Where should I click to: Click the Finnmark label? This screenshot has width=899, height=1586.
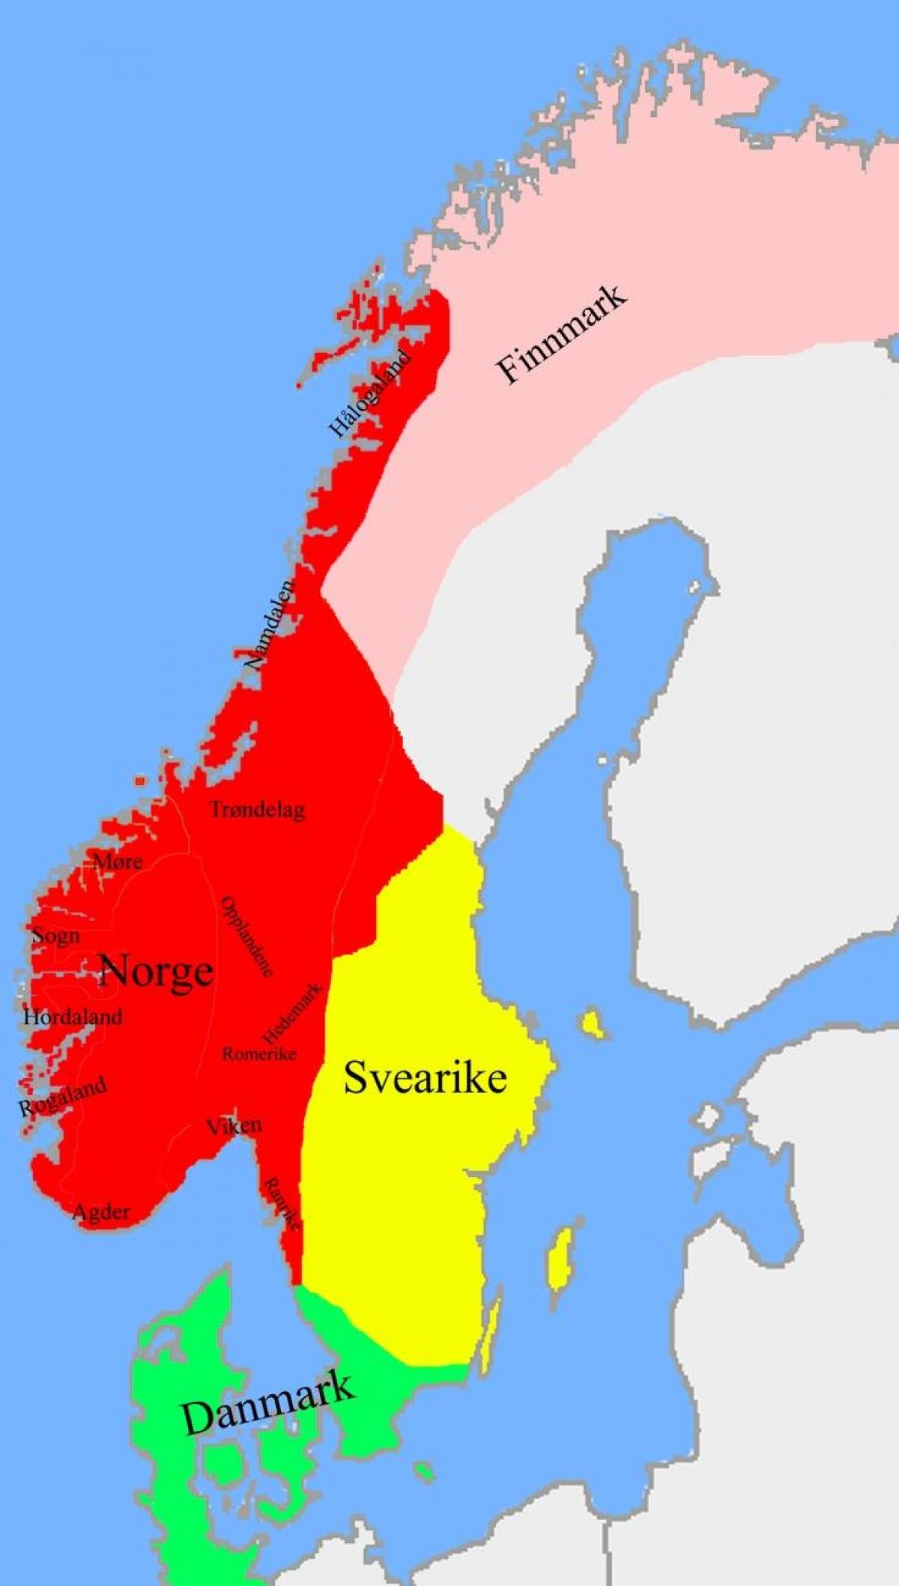click(561, 334)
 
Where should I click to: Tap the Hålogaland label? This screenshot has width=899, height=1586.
click(370, 393)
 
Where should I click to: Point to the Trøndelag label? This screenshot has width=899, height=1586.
click(257, 810)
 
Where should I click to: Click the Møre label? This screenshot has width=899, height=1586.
click(118, 862)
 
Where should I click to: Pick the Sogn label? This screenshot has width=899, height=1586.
click(55, 936)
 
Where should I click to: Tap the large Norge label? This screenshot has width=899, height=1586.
click(156, 972)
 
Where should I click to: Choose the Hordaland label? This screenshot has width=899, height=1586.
click(73, 1017)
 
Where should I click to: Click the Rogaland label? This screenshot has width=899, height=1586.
click(62, 1098)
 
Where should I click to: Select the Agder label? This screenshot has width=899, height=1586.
click(101, 1211)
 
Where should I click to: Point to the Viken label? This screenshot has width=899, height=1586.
click(234, 1125)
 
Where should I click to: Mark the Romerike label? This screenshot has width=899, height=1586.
click(259, 1054)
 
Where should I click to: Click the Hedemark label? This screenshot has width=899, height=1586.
click(291, 1014)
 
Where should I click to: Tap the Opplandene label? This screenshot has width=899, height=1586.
click(246, 936)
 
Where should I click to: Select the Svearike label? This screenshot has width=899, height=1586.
click(425, 1078)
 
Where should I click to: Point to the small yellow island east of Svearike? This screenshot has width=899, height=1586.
click(593, 1024)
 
